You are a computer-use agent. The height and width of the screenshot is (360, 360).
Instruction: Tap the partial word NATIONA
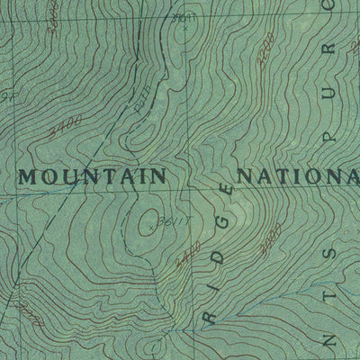(x=297, y=175)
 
